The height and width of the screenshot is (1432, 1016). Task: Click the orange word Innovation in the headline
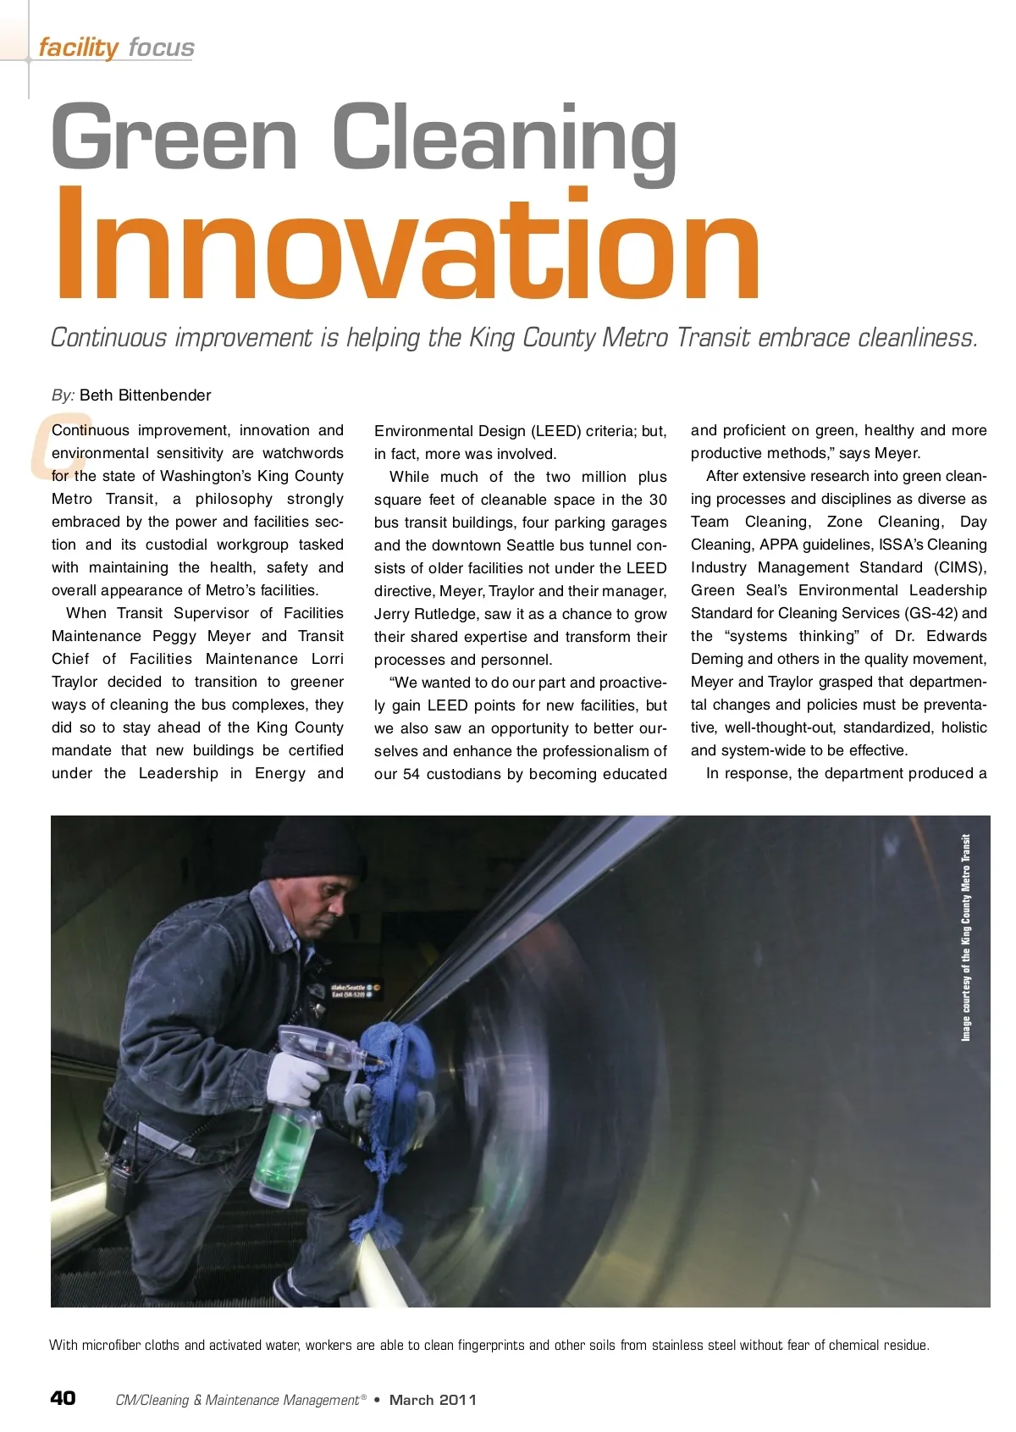pos(406,246)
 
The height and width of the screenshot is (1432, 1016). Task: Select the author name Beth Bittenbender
pos(145,395)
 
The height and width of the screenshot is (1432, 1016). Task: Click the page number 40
pos(63,1398)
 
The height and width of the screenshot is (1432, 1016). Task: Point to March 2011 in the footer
pos(433,1400)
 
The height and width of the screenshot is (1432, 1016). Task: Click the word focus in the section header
pos(161,47)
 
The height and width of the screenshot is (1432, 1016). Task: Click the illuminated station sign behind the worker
pos(356,991)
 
